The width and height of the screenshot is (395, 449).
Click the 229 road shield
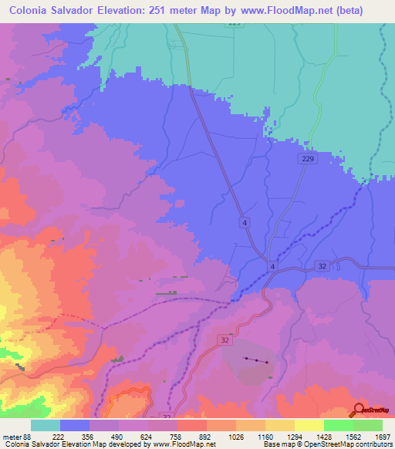(306, 157)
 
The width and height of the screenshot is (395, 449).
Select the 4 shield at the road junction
(272, 266)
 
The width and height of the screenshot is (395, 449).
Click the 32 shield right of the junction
(321, 264)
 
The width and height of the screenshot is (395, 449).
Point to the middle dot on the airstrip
(257, 360)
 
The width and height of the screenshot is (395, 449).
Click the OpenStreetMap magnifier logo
(360, 410)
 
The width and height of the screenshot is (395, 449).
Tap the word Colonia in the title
(32, 10)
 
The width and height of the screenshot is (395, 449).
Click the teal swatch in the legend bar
(46, 424)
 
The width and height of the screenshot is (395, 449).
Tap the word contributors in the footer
(371, 445)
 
